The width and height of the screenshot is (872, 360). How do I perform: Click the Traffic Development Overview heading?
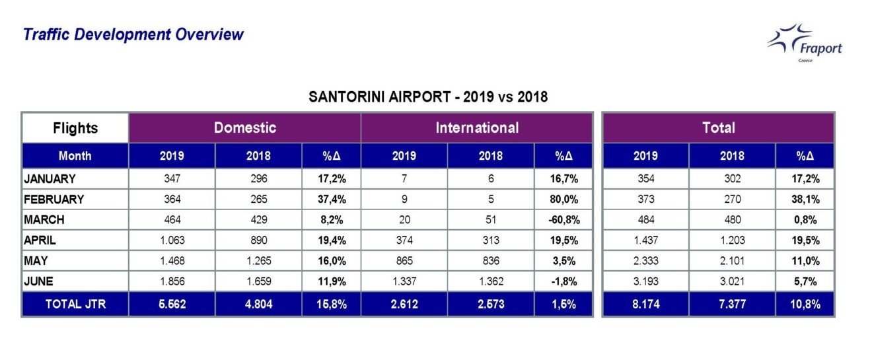133,34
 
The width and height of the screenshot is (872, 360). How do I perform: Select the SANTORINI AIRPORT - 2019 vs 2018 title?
428,97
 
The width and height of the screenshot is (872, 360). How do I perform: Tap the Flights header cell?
75,128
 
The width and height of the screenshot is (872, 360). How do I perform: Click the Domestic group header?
244,128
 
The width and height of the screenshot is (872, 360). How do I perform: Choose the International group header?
477,128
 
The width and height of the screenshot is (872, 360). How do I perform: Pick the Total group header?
719,128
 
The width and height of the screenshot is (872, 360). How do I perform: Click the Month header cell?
75,157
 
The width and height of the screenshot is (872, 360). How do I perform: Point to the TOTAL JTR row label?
75,305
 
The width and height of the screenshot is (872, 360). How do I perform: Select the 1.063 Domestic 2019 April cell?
172,240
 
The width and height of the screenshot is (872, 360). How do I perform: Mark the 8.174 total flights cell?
645,305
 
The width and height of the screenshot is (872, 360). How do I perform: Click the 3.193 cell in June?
645,281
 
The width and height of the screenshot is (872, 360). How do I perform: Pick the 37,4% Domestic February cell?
331,199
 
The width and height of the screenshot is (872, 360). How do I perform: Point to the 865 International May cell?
404,260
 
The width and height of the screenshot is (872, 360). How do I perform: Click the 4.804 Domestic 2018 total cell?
258,305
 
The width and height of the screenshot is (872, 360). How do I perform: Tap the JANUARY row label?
50,178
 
